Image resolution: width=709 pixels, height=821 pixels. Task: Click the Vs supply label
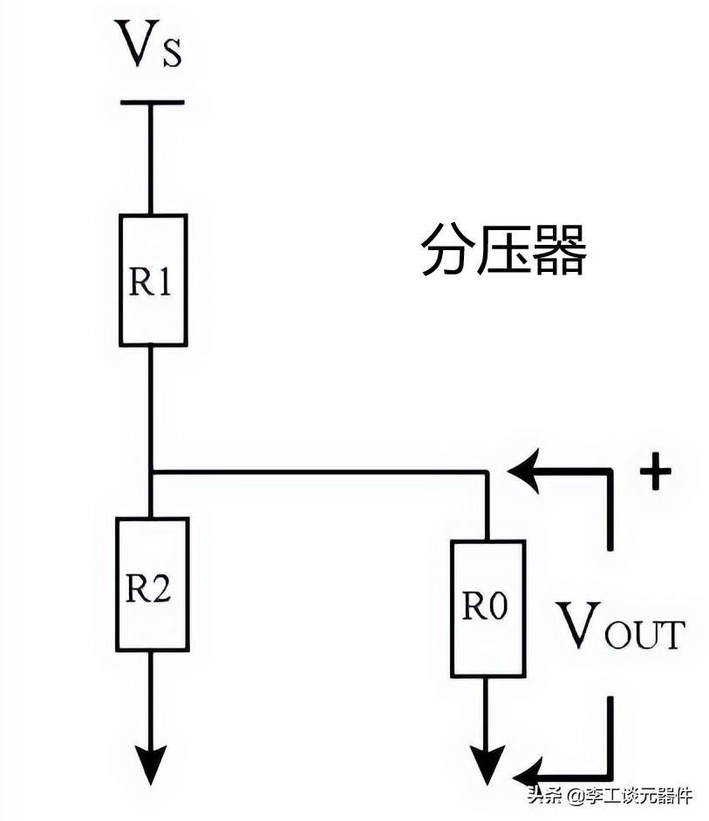[x=150, y=46]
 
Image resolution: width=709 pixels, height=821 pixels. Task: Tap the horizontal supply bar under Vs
[x=152, y=103]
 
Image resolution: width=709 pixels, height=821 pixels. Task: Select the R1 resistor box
[x=153, y=280]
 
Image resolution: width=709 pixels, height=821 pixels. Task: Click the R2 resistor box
[x=152, y=584]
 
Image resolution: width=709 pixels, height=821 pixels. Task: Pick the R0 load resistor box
[x=487, y=607]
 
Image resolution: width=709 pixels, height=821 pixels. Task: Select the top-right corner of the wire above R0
[x=487, y=472]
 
